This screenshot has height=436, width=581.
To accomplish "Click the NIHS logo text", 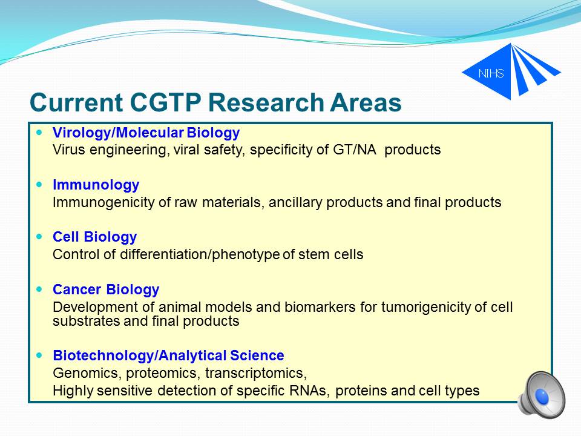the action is point(491,73).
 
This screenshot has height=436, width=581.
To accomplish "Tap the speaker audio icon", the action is point(541,395).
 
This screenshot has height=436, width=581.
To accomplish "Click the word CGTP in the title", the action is point(166,102).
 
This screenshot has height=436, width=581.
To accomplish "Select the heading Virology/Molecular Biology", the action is point(146,133).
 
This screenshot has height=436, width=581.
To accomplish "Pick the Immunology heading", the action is point(96,185).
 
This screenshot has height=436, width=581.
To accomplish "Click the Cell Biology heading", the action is point(95,237).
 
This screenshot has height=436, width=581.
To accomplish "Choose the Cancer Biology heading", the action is point(106,289).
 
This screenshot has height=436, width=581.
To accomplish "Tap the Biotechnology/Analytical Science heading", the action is point(169,355).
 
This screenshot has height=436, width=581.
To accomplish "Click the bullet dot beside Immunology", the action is point(40,184).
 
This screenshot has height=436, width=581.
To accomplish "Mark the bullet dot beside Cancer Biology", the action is point(40,289).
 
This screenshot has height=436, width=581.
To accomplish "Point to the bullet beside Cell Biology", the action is point(40,237).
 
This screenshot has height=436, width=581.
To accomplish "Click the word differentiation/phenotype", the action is point(200,255).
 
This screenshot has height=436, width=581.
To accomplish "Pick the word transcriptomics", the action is point(256,373).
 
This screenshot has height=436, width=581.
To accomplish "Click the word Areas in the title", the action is point(366,102).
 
